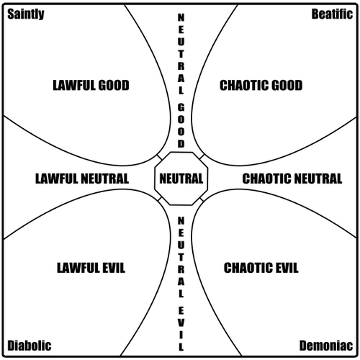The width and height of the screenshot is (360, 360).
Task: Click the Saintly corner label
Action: point(26,14)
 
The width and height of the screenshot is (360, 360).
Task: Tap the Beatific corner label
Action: point(332,14)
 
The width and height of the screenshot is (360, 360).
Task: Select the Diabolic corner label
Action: point(30,346)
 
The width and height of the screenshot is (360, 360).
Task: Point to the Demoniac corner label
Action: point(326,346)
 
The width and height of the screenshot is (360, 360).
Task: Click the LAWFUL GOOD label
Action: point(91,86)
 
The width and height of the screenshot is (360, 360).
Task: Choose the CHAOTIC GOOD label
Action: point(261,86)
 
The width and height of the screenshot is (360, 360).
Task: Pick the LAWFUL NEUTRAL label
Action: point(82,179)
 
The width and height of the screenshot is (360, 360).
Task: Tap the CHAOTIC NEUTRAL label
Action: point(292,179)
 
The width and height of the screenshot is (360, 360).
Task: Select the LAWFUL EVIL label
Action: point(91,268)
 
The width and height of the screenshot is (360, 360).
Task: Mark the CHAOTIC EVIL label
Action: point(261,268)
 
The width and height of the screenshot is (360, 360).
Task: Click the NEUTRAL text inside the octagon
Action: point(181,179)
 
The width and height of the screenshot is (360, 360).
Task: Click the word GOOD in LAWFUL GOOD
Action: point(114,86)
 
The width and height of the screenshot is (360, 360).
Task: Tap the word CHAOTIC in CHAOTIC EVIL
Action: point(246,268)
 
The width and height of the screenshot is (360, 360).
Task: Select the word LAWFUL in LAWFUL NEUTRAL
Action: point(57,179)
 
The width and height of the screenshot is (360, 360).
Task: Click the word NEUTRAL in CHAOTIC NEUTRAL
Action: point(318,179)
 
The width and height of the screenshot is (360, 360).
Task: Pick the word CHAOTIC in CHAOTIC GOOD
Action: point(242,86)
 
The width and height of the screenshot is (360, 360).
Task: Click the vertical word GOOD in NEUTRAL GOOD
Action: point(181,126)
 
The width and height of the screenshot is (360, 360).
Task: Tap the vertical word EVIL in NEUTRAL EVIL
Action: point(181,329)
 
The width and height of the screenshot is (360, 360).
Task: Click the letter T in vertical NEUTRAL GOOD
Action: point(181,54)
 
